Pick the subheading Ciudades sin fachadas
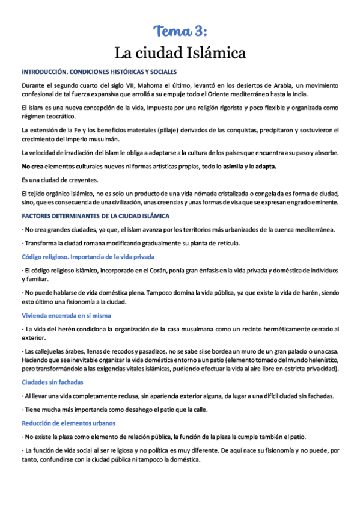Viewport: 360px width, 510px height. coord(52,382)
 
